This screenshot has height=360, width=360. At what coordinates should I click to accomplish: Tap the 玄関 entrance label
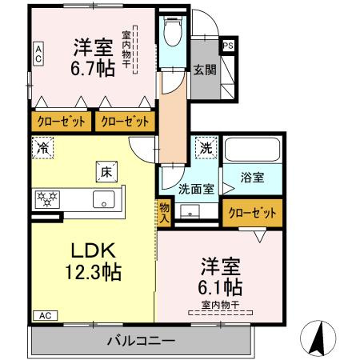(202, 70)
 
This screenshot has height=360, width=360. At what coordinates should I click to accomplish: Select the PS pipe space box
(228, 46)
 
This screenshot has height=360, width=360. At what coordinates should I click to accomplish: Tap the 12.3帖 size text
(90, 272)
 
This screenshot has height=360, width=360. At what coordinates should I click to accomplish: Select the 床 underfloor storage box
(106, 170)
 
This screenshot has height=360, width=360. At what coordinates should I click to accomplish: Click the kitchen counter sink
(103, 199)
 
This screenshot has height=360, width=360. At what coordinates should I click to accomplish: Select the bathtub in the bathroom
(253, 150)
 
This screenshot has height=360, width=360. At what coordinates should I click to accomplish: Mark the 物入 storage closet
(164, 211)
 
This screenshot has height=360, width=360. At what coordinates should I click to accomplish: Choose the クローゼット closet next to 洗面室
(254, 214)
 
